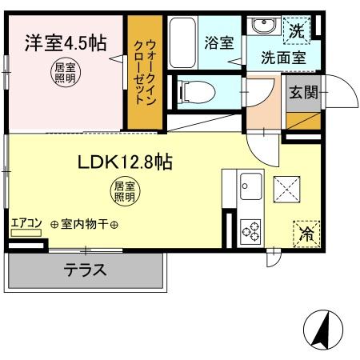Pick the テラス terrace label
click(x=85, y=270)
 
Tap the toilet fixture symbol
click(x=193, y=91)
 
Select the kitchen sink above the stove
click(x=251, y=186)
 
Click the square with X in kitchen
click(x=286, y=189)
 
